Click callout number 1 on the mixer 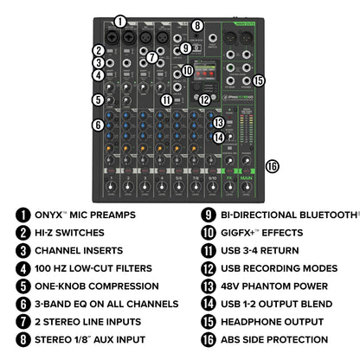[x=120, y=20]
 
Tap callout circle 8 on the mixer [x=197, y=26]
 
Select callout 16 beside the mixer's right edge [x=273, y=166]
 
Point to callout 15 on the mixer [x=259, y=80]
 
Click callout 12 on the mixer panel [x=204, y=100]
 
